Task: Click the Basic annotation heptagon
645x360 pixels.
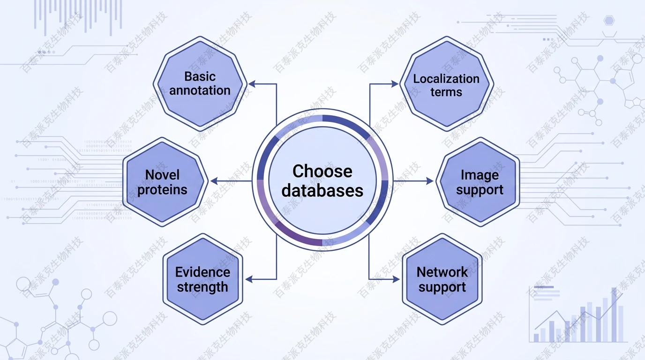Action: coord(200,83)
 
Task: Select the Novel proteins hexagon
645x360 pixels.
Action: coord(163,182)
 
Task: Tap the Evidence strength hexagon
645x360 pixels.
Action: coord(202,280)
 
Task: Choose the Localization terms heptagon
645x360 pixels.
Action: coord(446,85)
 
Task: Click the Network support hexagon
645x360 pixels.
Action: coord(442,280)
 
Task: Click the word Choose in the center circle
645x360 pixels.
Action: coord(322,171)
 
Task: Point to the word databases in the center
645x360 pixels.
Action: coord(322,190)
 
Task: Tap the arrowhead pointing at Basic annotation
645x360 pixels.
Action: coord(252,84)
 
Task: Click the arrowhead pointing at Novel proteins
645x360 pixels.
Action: coord(214,181)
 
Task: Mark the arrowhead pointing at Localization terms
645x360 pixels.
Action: coord(395,84)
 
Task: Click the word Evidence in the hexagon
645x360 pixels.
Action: coord(202,272)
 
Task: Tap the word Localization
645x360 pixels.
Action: coord(446,78)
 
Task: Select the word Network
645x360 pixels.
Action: coord(442,272)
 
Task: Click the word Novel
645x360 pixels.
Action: coord(163,175)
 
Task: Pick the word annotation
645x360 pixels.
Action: coord(200,90)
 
